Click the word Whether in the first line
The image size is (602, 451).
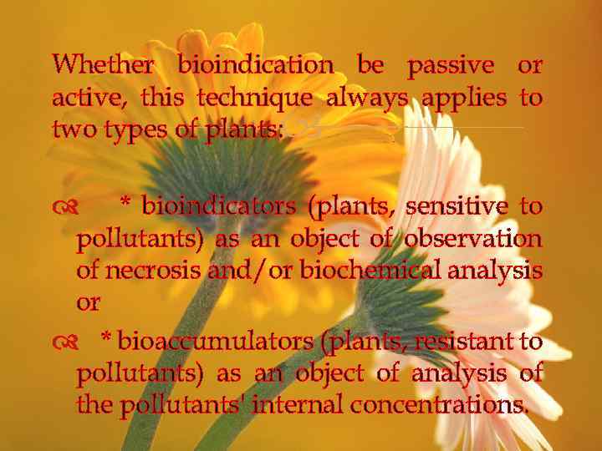tap(103, 64)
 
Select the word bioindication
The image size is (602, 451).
tap(256, 64)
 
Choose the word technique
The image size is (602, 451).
tap(254, 98)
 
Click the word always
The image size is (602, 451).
tap(367, 98)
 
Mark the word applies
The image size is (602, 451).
tap(464, 99)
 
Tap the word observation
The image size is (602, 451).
tap(472, 239)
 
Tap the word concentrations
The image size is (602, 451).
tap(439, 406)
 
